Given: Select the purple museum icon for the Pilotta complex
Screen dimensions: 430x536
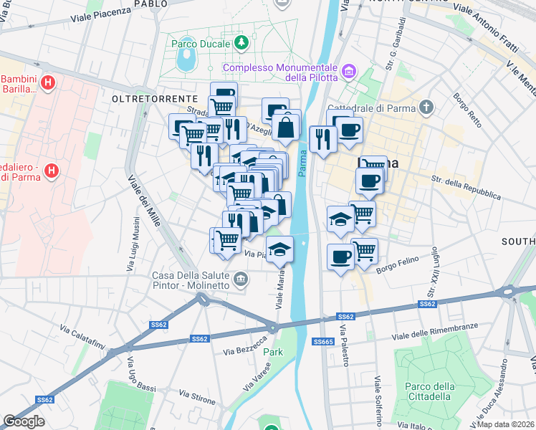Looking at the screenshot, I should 349,71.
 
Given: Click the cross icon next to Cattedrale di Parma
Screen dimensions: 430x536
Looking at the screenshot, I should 427,108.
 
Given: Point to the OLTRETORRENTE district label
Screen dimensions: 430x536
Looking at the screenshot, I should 155,97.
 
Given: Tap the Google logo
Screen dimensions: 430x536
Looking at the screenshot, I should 24,421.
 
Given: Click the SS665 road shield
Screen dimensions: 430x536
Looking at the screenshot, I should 323,342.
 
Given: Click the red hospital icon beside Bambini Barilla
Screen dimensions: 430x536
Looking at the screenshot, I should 48,84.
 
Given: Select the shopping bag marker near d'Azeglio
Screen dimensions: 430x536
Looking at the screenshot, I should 286,128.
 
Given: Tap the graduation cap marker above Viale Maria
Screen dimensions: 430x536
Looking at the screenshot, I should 279,251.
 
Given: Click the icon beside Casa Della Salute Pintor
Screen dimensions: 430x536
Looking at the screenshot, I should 241,278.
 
